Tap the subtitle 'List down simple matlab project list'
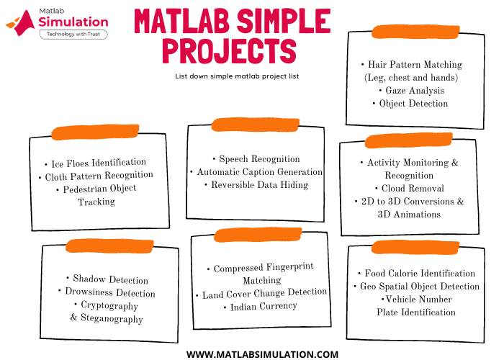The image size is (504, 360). pyautogui.click(x=237, y=76)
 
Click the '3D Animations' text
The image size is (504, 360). pyautogui.click(x=409, y=215)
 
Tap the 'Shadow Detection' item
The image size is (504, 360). pyautogui.click(x=110, y=279)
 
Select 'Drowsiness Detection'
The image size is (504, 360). pyautogui.click(x=109, y=293)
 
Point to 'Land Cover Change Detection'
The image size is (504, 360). pyautogui.click(x=264, y=293)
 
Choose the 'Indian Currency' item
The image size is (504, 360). pyautogui.click(x=263, y=306)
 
